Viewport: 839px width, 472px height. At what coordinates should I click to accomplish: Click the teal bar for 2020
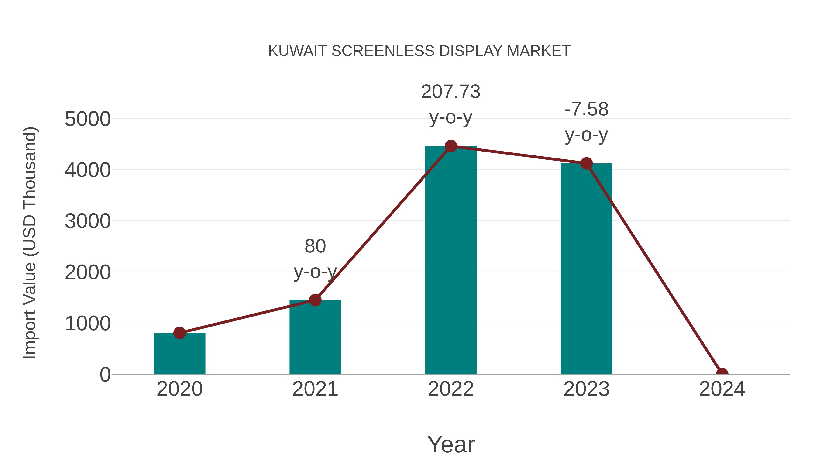pyautogui.click(x=179, y=355)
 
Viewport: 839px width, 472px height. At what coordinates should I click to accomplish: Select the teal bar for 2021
pyautogui.click(x=315, y=339)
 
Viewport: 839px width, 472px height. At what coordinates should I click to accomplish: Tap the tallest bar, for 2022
pyautogui.click(x=451, y=261)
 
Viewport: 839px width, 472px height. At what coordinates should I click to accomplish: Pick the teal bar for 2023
pyautogui.click(x=586, y=270)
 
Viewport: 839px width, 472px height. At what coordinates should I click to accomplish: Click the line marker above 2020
pyautogui.click(x=179, y=333)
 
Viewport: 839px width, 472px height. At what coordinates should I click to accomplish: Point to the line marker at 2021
pyautogui.click(x=315, y=300)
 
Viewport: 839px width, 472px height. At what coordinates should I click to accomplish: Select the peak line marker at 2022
pyautogui.click(x=451, y=146)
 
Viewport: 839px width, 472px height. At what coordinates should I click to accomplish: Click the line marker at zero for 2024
pyautogui.click(x=722, y=373)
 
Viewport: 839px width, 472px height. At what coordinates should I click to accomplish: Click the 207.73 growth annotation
pyautogui.click(x=451, y=92)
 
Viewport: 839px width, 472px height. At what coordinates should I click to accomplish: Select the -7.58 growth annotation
pyautogui.click(x=586, y=110)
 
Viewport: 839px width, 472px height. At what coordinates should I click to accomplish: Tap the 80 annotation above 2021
pyautogui.click(x=315, y=246)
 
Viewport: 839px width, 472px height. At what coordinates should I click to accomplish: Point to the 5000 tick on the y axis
pyautogui.click(x=88, y=119)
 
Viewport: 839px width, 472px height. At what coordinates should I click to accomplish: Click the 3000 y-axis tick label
pyautogui.click(x=88, y=221)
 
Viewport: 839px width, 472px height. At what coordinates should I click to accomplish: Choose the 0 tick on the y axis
pyautogui.click(x=105, y=375)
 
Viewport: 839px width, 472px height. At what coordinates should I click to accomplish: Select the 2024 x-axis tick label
pyautogui.click(x=722, y=389)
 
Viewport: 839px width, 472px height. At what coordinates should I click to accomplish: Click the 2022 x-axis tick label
pyautogui.click(x=451, y=389)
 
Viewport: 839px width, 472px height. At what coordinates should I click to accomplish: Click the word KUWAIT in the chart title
pyautogui.click(x=297, y=51)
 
